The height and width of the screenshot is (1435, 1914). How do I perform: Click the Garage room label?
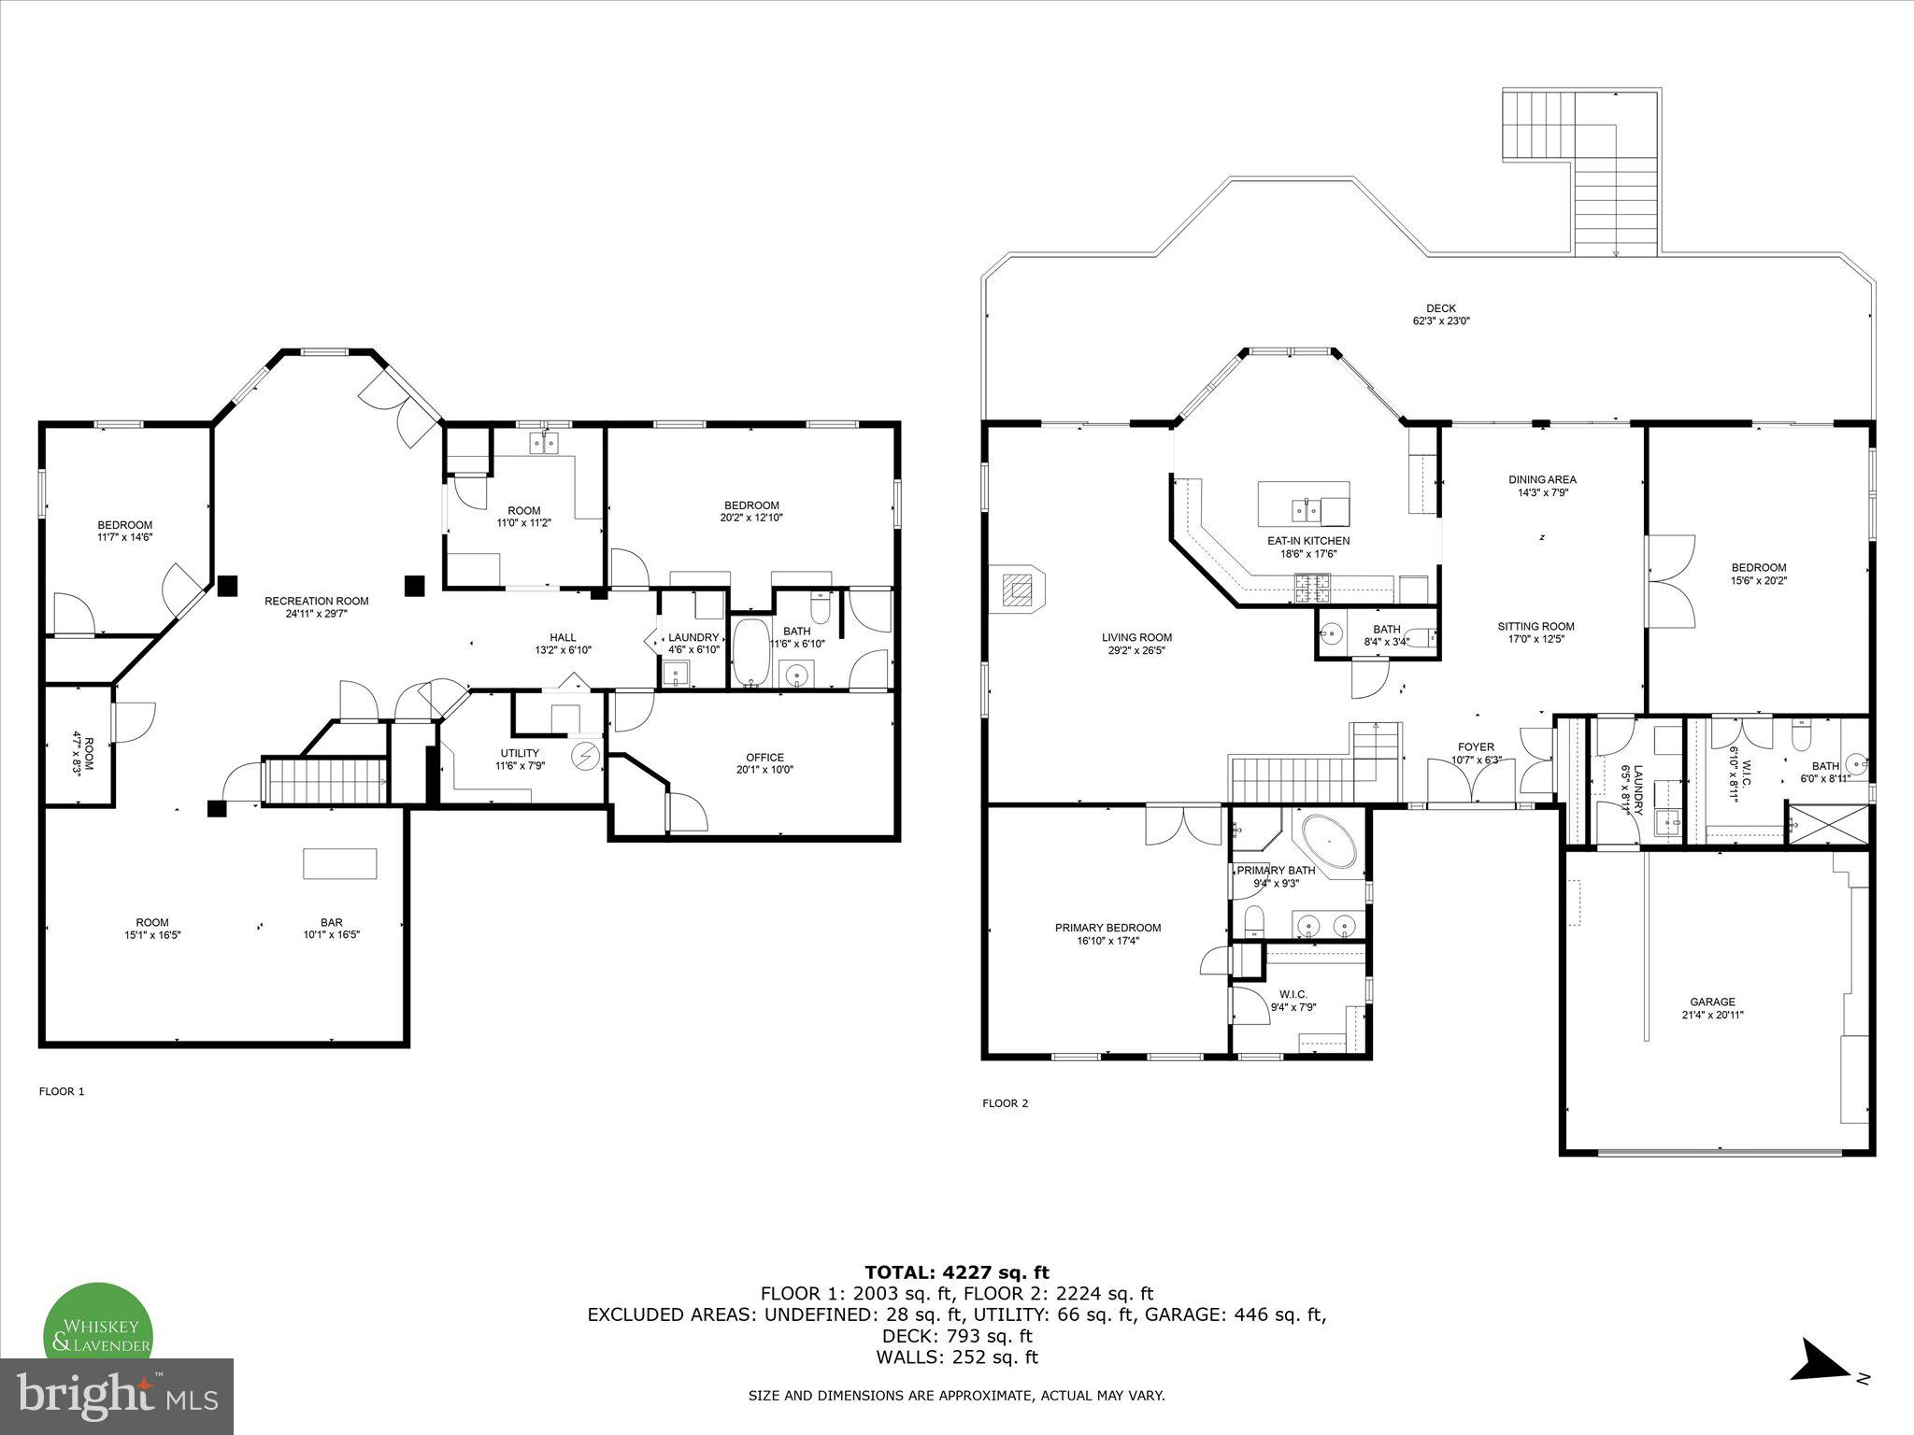[1712, 1002]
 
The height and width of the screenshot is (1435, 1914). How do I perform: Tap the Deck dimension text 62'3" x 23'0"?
[1440, 320]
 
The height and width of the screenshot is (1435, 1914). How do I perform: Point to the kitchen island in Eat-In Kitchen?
[1303, 504]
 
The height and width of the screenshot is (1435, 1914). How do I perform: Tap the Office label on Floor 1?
[764, 757]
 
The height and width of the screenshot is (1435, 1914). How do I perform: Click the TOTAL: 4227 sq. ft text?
[956, 1272]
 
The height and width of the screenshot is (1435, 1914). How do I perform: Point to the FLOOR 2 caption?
[1005, 1103]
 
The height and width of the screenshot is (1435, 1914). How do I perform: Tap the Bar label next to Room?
[331, 922]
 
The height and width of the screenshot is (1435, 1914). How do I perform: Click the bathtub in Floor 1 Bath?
[750, 651]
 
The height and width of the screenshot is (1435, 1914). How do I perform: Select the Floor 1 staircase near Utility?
[326, 781]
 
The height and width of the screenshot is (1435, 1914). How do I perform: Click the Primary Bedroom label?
[1107, 928]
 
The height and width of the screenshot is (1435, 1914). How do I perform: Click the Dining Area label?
[1542, 479]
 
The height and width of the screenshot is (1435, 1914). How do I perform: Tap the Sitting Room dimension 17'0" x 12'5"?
[1535, 639]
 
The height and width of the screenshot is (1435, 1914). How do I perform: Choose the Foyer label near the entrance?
[1476, 746]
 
